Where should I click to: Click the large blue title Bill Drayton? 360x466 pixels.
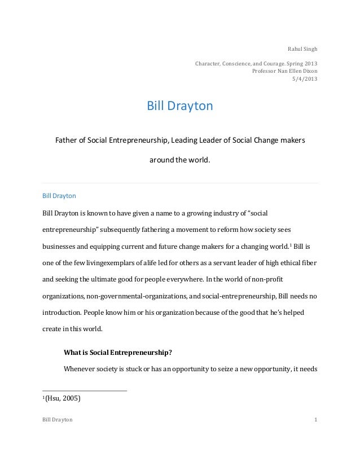tap(179, 106)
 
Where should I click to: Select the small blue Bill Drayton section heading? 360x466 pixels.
tap(59, 196)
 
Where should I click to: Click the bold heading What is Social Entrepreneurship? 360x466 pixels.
tap(118, 353)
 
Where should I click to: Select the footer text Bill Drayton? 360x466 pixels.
tap(58, 420)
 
